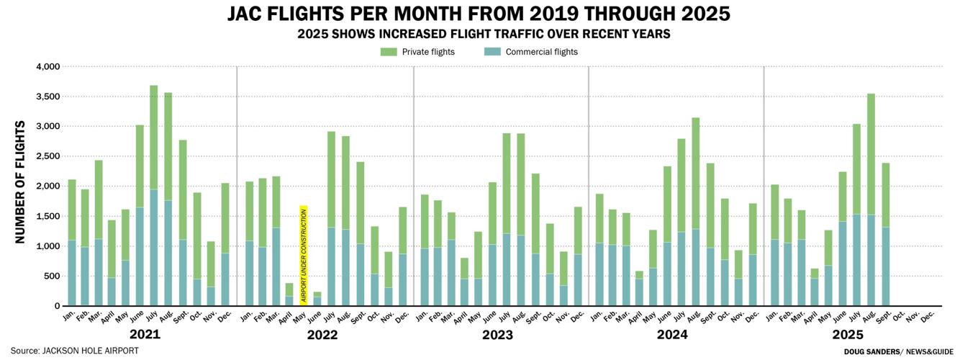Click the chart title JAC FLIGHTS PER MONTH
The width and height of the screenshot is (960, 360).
(x=479, y=14)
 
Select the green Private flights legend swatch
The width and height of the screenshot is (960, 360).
(x=389, y=52)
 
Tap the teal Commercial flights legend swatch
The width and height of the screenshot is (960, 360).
(x=492, y=52)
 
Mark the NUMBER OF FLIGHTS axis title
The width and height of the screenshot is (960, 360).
(x=20, y=182)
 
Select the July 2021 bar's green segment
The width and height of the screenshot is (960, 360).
(x=153, y=138)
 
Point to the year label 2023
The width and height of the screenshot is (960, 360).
(x=497, y=335)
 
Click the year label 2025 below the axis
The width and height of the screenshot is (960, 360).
(x=848, y=335)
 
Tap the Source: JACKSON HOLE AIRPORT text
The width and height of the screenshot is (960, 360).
(x=74, y=351)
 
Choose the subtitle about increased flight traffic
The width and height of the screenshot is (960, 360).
(x=479, y=34)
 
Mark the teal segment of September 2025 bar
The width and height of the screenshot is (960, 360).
(x=885, y=266)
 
